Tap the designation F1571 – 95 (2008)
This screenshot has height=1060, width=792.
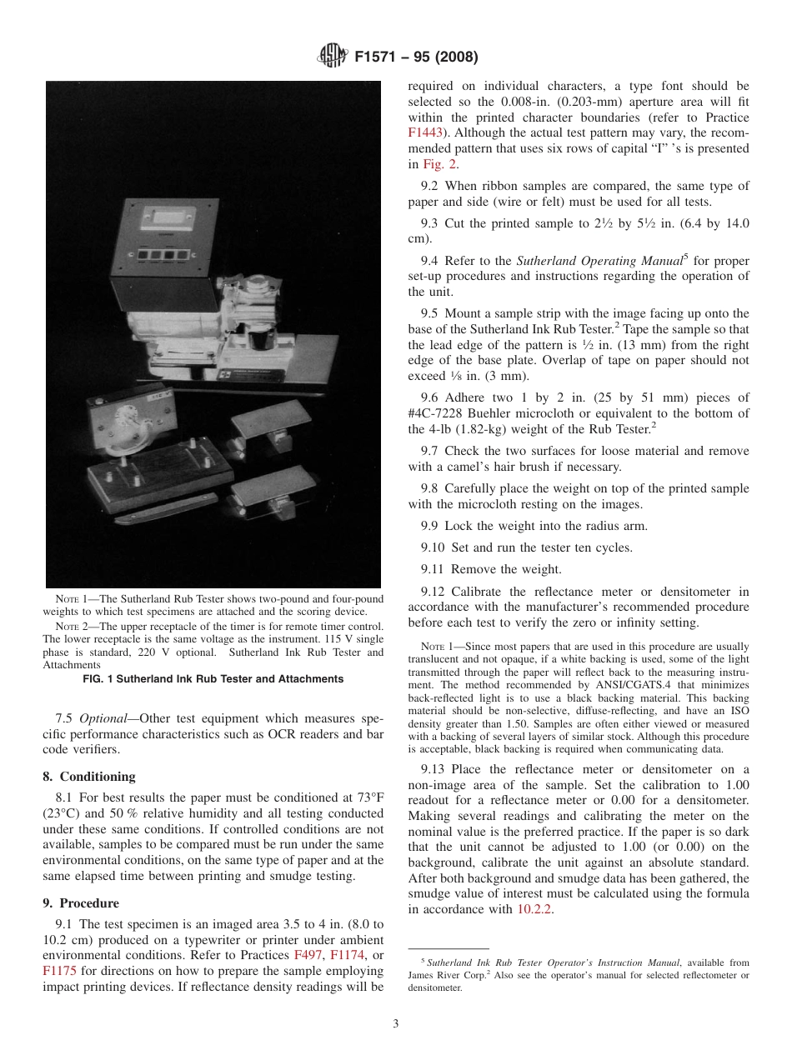point(415,57)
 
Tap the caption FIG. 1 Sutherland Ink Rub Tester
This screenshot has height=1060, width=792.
point(213,679)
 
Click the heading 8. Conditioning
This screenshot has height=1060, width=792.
point(89,776)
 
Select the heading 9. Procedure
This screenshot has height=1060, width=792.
point(81,903)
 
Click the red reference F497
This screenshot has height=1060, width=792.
point(308,955)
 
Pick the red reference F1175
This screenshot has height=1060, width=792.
point(58,971)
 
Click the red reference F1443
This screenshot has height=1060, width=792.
point(424,132)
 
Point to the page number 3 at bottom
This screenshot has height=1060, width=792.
point(396,1023)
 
